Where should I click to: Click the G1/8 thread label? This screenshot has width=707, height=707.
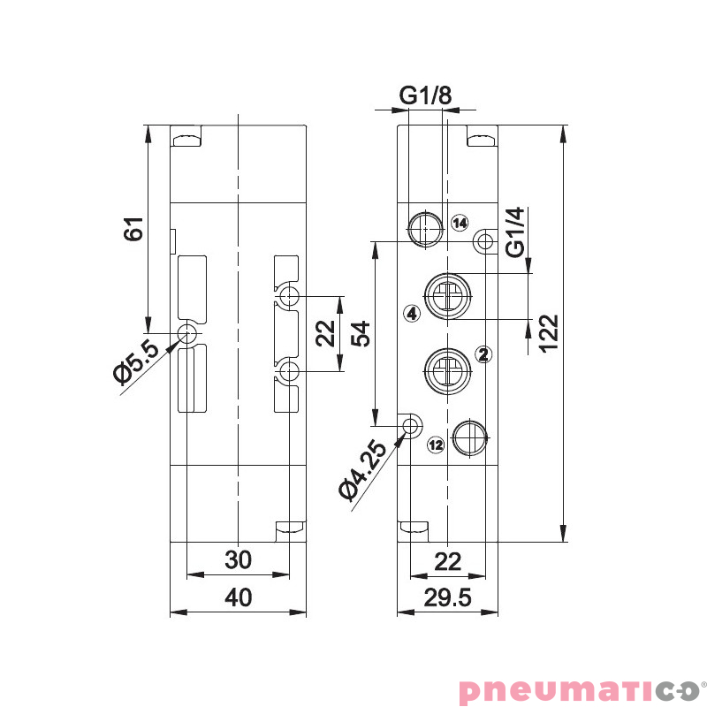tap(426, 95)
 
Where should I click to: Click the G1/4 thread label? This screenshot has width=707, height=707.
tap(515, 232)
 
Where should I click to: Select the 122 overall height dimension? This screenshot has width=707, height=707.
tap(548, 333)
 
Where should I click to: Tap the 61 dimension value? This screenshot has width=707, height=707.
tap(133, 229)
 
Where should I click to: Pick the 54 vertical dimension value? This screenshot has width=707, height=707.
tap(359, 333)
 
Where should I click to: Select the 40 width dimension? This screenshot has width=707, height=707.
tap(238, 598)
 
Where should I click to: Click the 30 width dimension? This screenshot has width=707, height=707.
tap(238, 560)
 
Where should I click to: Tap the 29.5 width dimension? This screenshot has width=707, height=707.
tap(447, 598)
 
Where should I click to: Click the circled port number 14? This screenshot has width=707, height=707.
tap(459, 223)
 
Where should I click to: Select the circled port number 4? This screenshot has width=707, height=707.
tap(410, 312)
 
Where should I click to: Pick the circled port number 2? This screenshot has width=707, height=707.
tap(483, 354)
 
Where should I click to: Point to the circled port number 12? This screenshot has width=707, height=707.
tap(435, 445)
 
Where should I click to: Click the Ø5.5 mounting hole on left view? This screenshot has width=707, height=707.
tap(187, 334)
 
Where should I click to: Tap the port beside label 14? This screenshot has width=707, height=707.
tap(425, 227)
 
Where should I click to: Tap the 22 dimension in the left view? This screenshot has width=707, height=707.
tap(325, 333)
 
